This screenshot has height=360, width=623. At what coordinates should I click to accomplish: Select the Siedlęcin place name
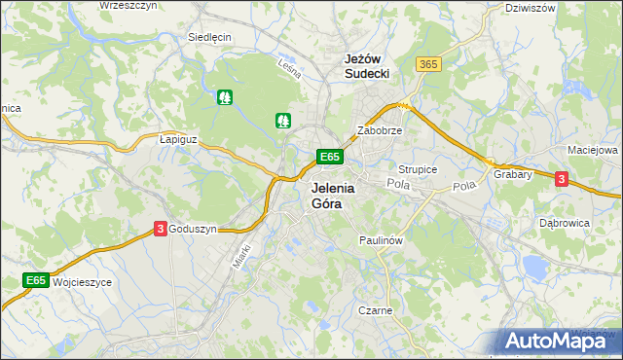click(209, 37)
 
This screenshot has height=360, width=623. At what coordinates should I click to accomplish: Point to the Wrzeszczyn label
click(128, 6)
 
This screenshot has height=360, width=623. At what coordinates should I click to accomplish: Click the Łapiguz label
click(178, 139)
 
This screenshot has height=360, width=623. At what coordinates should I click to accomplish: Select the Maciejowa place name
click(593, 151)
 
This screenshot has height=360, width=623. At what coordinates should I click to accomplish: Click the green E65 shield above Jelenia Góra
click(329, 157)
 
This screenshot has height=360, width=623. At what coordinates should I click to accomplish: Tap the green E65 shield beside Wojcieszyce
click(36, 280)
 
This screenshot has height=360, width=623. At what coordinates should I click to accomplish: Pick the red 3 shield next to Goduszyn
click(160, 228)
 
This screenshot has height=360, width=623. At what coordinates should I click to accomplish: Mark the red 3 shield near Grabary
click(561, 178)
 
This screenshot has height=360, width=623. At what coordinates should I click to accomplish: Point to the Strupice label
click(418, 169)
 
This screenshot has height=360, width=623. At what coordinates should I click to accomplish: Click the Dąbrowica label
click(565, 222)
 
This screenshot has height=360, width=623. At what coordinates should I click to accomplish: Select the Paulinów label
click(381, 238)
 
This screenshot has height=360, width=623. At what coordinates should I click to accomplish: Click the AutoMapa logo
click(555, 340)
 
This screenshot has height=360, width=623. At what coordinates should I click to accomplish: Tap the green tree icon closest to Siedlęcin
click(226, 97)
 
